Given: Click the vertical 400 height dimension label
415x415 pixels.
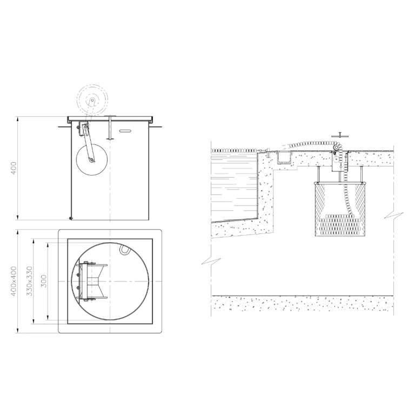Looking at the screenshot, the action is pyautogui.click(x=13, y=168).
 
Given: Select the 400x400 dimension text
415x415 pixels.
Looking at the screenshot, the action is pyautogui.click(x=13, y=281).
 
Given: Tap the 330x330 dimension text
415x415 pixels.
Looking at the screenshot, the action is pyautogui.click(x=29, y=281).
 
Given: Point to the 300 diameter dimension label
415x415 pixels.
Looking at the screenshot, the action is pyautogui.click(x=44, y=281).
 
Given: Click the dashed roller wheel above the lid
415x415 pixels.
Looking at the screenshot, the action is pyautogui.click(x=92, y=100).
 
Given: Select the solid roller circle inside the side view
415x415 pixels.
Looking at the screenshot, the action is pyautogui.click(x=92, y=159).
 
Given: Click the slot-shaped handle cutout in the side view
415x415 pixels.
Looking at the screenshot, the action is pyautogui.click(x=126, y=131).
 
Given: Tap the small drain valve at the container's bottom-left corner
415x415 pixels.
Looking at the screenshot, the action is pyautogui.click(x=71, y=218).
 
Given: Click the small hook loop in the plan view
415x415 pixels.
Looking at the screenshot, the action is pyautogui.click(x=124, y=249).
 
